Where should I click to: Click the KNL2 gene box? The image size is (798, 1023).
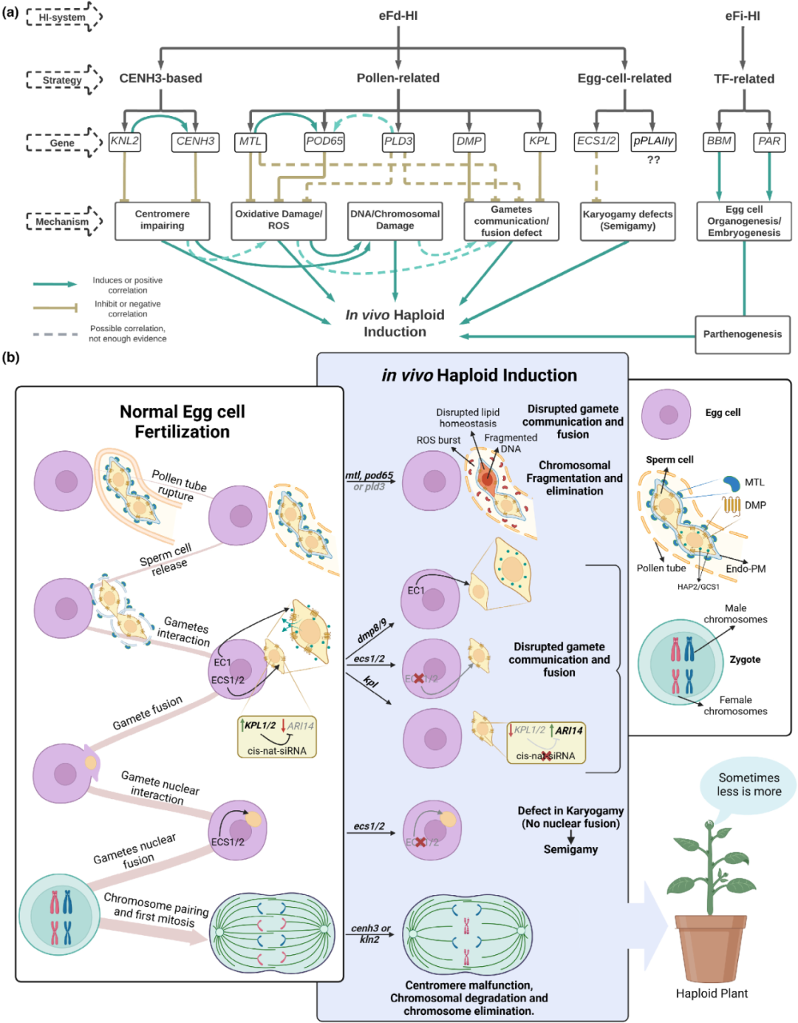124,142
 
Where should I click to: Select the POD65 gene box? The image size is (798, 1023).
324,142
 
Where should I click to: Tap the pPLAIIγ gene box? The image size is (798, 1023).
653,142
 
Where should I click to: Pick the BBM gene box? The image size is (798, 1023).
719,142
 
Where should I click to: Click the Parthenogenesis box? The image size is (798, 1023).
743,334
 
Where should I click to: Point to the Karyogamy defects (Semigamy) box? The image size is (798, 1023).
627,221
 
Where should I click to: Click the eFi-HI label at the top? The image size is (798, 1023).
743,16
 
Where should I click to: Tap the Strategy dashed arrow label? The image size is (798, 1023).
64,80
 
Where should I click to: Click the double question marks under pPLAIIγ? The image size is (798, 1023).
653,160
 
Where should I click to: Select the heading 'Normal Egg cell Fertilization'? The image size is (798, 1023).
183,421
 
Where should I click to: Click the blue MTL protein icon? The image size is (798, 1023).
731,483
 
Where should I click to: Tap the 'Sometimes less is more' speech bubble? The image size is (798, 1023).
748,784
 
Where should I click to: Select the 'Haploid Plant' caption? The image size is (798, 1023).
712,993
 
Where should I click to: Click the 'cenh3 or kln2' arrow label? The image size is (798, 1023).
371,934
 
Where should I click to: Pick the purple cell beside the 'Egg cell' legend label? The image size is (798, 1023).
666,414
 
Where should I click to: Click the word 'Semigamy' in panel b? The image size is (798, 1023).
570,849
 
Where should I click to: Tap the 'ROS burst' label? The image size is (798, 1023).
438,441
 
